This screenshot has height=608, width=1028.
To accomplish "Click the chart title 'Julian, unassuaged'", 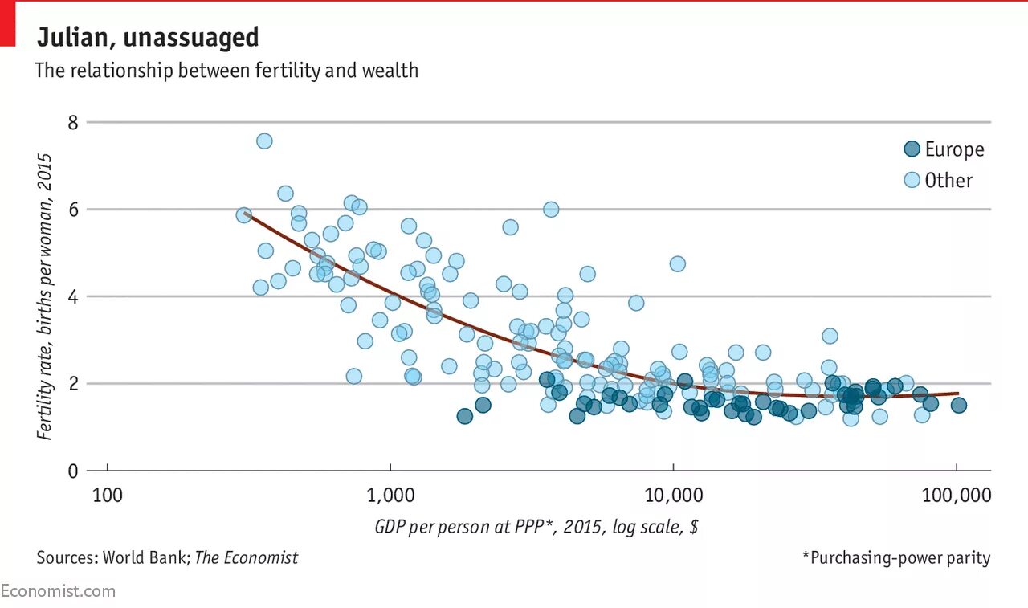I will [147, 38].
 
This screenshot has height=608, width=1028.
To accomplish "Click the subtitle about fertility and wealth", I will [226, 71].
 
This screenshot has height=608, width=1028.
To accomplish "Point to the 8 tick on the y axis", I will [72, 123].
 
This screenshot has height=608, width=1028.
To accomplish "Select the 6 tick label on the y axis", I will [72, 210].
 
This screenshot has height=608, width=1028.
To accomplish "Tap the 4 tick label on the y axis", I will [72, 297].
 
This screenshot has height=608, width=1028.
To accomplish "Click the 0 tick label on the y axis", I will [72, 471].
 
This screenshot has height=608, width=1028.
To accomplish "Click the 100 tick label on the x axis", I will [107, 496].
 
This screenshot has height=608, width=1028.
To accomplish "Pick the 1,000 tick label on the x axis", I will [390, 496].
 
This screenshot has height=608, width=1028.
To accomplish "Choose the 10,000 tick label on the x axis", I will [673, 496].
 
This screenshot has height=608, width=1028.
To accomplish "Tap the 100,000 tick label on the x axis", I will [956, 496].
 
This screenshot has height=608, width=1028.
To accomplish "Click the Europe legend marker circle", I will [912, 149].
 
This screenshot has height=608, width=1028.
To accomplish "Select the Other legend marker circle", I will [912, 180].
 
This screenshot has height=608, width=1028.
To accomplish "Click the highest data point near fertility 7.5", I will [264, 141].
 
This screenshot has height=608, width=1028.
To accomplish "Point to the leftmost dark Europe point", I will [464, 416].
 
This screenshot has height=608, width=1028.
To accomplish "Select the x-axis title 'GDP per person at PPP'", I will [536, 528].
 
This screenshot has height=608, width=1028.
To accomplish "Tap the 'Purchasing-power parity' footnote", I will [895, 557].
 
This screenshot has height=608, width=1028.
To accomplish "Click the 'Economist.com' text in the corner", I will [58, 591].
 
